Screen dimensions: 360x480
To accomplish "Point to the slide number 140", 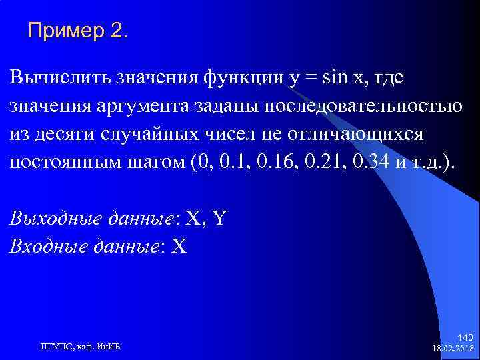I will (x=466, y=337).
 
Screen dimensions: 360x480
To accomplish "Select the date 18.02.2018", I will (x=453, y=348).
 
